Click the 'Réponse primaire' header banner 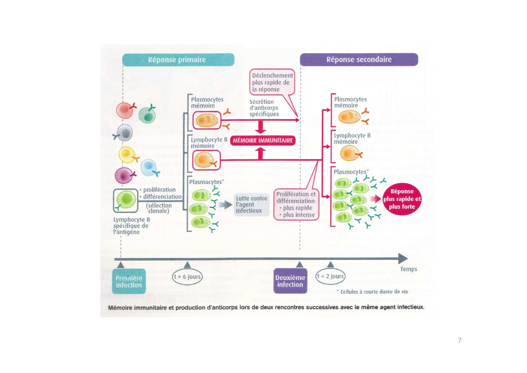[x=178, y=60]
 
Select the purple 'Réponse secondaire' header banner [x=359, y=59]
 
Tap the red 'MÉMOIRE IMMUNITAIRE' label [x=263, y=140]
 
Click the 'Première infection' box [x=129, y=281]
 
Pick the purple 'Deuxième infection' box [x=290, y=281]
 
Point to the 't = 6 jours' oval [x=187, y=276]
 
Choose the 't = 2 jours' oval [x=331, y=276]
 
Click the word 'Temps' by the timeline [x=408, y=269]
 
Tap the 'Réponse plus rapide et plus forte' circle [x=402, y=199]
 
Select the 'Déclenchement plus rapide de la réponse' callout [x=272, y=82]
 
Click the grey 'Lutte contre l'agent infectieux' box [x=251, y=205]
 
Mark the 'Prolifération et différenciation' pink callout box [x=296, y=204]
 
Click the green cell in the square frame [x=126, y=199]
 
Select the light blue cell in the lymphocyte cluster [x=148, y=168]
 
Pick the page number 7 [x=459, y=340]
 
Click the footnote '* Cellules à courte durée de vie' [x=373, y=291]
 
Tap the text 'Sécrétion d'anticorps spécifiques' [x=264, y=108]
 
